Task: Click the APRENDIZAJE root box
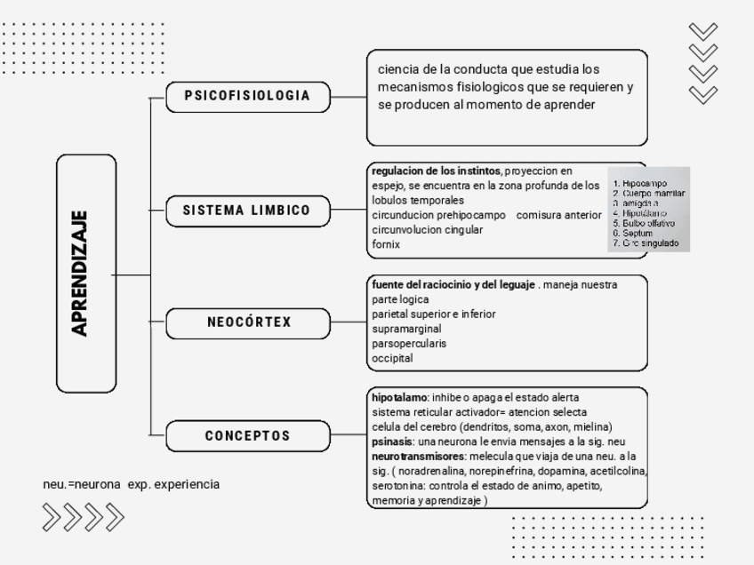click(x=87, y=273)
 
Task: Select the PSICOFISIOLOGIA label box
click(x=248, y=96)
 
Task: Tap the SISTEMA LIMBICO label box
click(x=248, y=211)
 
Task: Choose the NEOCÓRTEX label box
click(x=248, y=322)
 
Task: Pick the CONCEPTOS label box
click(x=248, y=436)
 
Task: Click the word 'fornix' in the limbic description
click(x=386, y=244)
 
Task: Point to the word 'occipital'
click(x=392, y=358)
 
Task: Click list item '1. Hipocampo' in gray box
click(x=639, y=184)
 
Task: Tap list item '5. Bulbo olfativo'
click(x=644, y=224)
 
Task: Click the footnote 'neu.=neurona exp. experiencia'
click(x=131, y=484)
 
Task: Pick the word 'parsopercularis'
click(x=409, y=343)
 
